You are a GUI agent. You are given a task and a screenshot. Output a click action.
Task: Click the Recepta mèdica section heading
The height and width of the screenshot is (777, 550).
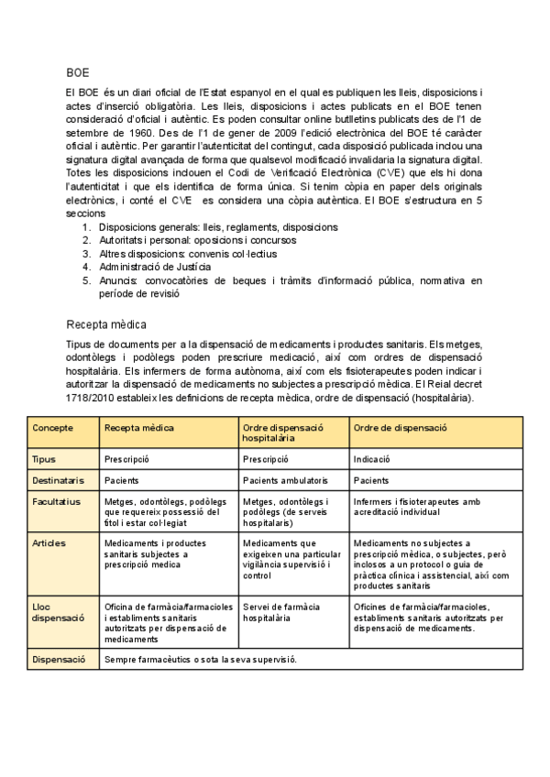pyautogui.click(x=106, y=324)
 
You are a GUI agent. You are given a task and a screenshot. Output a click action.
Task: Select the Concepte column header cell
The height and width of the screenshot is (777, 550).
pyautogui.click(x=52, y=428)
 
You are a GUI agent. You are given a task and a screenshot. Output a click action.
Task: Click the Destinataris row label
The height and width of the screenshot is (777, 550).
pyautogui.click(x=58, y=479)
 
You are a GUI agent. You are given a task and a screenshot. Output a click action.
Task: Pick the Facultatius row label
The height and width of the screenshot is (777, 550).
pyautogui.click(x=56, y=501)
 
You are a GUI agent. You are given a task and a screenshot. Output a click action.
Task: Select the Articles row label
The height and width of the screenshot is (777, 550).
pyautogui.click(x=49, y=542)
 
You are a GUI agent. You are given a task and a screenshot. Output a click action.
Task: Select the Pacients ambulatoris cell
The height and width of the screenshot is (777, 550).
pyautogui.click(x=285, y=479)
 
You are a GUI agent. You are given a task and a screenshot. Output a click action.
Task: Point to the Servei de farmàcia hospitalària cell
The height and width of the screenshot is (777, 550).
pyautogui.click(x=280, y=612)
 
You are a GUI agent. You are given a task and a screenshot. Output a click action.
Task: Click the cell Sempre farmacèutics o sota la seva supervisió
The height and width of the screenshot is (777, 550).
pyautogui.click(x=201, y=660)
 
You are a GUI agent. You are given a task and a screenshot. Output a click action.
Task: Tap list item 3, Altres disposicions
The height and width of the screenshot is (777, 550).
pyautogui.click(x=188, y=254)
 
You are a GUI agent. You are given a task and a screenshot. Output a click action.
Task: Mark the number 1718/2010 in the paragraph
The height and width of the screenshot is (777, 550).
pyautogui.click(x=92, y=399)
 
